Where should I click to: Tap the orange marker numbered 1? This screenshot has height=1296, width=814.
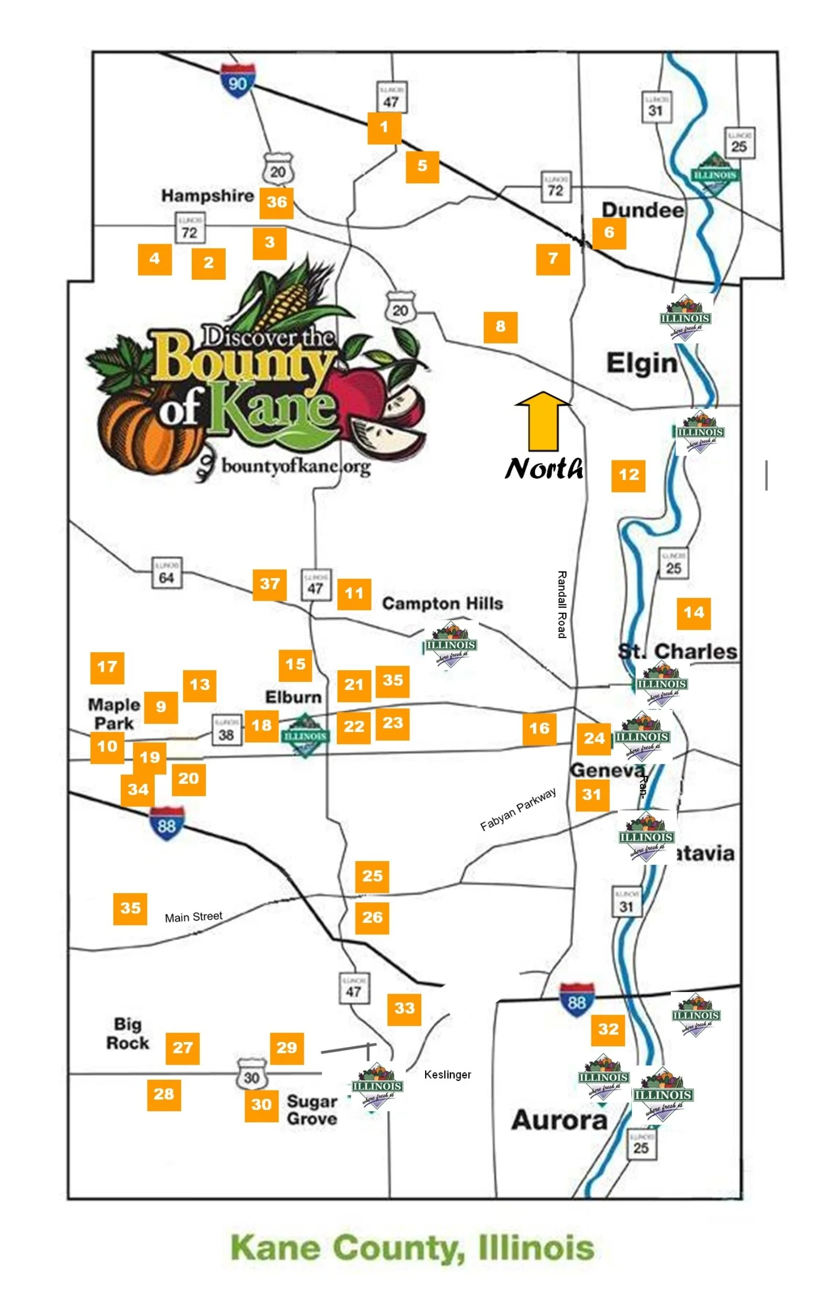pyautogui.click(x=384, y=128)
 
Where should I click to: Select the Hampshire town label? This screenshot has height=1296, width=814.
pyautogui.click(x=207, y=196)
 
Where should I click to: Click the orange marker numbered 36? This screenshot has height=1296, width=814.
pyautogui.click(x=276, y=202)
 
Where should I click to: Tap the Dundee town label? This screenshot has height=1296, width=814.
pyautogui.click(x=642, y=210)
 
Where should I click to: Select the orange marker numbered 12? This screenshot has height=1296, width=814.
pyautogui.click(x=628, y=475)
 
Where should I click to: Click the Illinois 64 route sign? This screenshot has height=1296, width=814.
pyautogui.click(x=166, y=573)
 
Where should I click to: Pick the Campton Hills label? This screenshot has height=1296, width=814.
pyautogui.click(x=442, y=603)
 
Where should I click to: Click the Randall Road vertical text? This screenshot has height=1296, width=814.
pyautogui.click(x=561, y=604)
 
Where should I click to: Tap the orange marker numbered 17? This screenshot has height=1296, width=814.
pyautogui.click(x=107, y=667)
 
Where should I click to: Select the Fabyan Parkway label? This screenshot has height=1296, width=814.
pyautogui.click(x=518, y=809)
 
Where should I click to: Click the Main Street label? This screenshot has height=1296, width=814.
pyautogui.click(x=193, y=917)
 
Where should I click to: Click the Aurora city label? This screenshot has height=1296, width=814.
pyautogui.click(x=559, y=1120)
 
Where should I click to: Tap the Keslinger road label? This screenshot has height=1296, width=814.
pyautogui.click(x=447, y=1074)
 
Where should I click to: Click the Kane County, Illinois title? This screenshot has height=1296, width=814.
pyautogui.click(x=412, y=1247)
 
